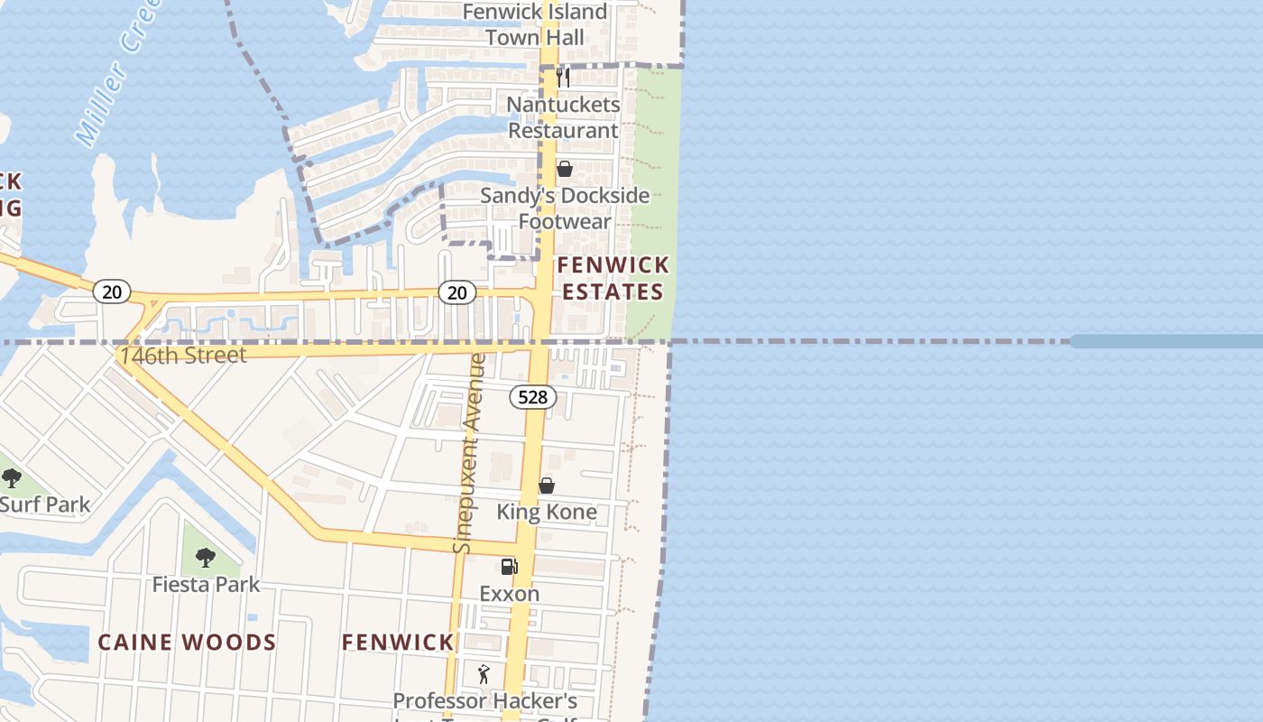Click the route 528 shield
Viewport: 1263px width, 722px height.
tap(532, 396)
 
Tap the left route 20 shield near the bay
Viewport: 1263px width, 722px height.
tap(111, 292)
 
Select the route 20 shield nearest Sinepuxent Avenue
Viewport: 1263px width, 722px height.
tap(457, 292)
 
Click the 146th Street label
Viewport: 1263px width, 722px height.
tap(183, 356)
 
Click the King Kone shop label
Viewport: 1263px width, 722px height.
tap(547, 512)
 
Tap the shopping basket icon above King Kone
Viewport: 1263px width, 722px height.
tap(547, 486)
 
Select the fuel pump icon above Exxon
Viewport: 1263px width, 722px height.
tap(509, 567)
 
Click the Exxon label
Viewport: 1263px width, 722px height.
tap(510, 594)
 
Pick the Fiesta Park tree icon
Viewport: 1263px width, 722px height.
tap(206, 558)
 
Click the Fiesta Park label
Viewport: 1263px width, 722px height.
tap(206, 585)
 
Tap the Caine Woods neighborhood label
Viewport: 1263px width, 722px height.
tap(187, 643)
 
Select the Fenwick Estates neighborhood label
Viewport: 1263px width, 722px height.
tap(613, 278)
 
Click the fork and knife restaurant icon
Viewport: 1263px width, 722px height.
tap(563, 78)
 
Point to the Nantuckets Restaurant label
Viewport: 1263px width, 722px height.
tap(563, 117)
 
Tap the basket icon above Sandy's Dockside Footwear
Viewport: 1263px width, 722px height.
tap(565, 170)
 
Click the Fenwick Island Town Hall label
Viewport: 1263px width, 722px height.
tap(535, 24)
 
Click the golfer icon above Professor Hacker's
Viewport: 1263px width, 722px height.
tap(484, 674)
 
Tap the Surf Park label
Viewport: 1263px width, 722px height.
tap(45, 504)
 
